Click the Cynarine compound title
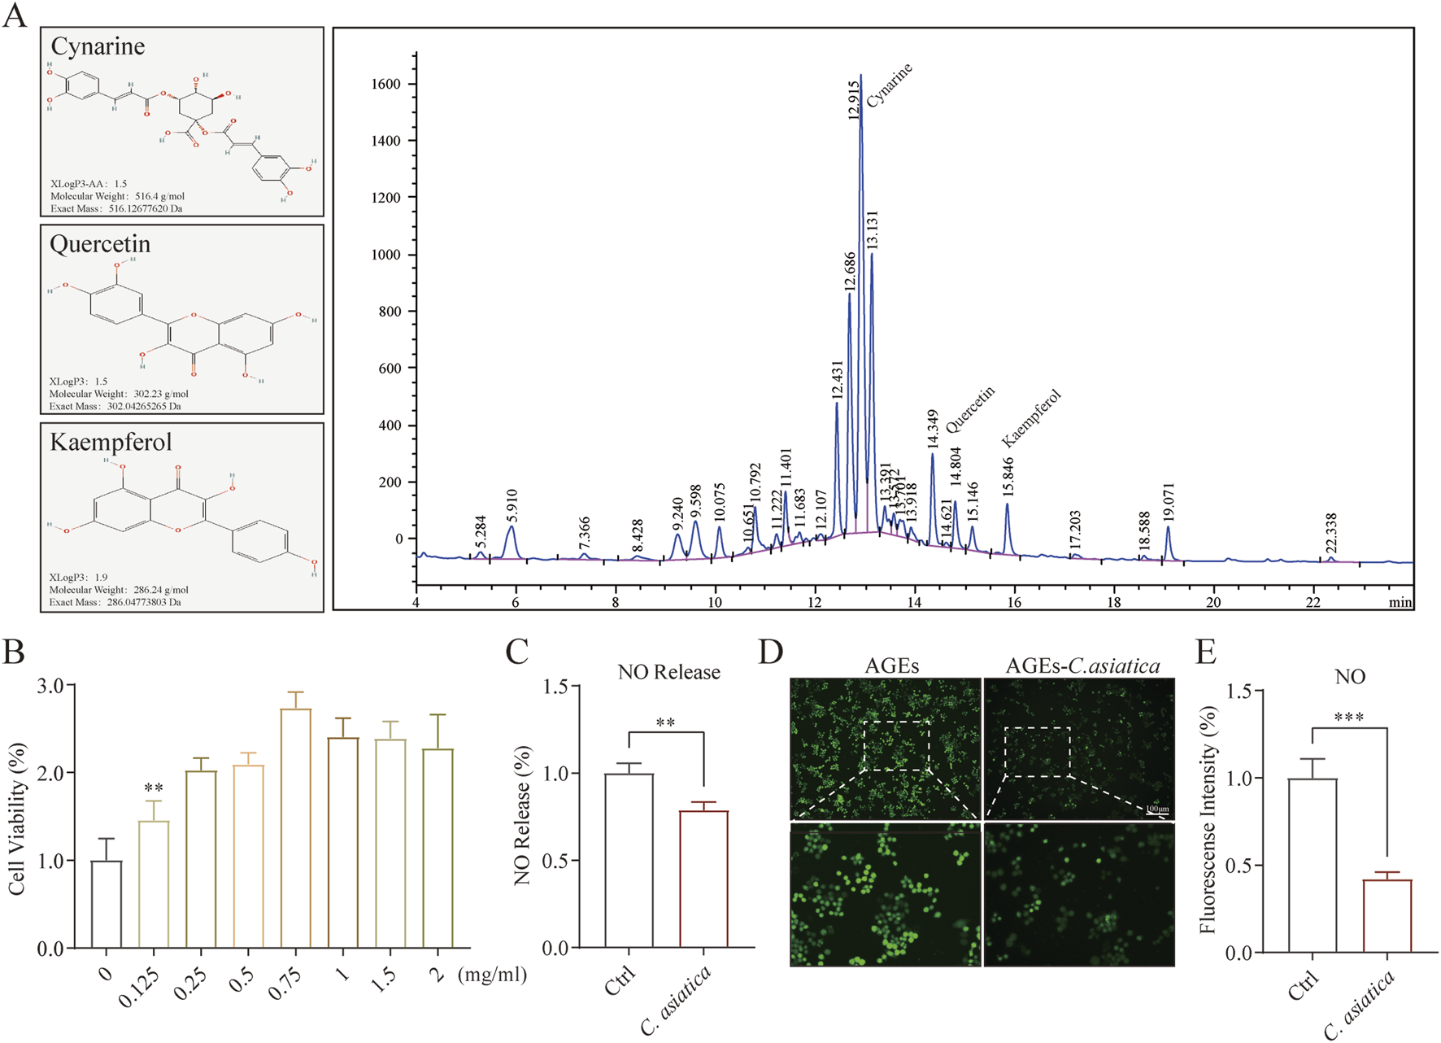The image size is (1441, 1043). click(98, 46)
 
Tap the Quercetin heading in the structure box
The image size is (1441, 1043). click(100, 244)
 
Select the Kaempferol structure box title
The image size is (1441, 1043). click(111, 442)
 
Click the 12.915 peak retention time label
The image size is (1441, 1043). click(853, 100)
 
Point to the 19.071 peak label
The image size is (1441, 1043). click(1169, 503)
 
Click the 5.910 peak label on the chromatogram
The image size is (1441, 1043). click(512, 506)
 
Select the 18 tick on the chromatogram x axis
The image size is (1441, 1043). click(1113, 602)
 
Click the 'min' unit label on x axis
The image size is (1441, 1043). click(1400, 602)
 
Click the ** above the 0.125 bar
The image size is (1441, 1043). click(154, 788)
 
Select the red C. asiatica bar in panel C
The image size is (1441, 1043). click(703, 879)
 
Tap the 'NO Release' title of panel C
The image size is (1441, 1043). click(668, 672)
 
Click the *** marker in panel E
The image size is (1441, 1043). click(1349, 718)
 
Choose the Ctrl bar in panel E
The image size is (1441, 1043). click(1313, 865)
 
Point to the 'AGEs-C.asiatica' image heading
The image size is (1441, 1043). click(1082, 666)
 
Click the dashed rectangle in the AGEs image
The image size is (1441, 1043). click(895, 745)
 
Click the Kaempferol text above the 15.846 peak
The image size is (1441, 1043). click(1030, 418)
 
